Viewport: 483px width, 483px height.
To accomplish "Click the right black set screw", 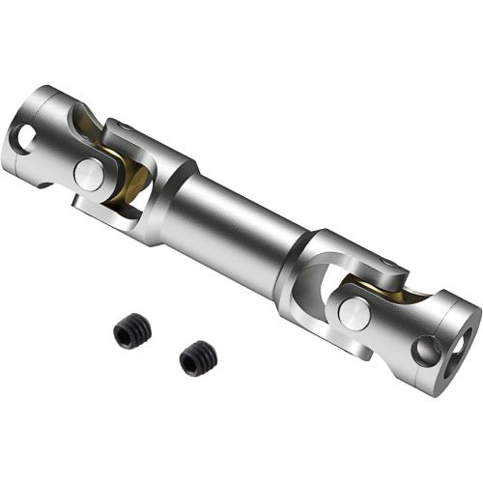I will (197, 359).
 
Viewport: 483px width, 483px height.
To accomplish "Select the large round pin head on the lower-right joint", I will (352, 313).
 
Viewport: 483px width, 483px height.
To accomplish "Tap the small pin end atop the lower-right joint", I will (385, 264).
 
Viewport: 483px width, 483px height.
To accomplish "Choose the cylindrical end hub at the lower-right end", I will (440, 333).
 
